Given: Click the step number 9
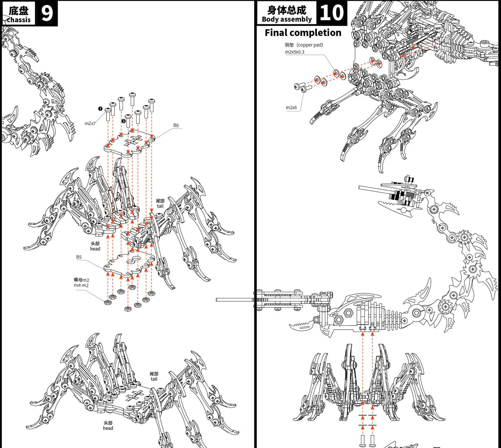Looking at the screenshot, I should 46,13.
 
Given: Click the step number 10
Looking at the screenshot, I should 331,13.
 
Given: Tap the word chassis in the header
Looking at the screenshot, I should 19,20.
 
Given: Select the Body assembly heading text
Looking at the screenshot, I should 287,19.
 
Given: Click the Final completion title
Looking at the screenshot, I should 303,33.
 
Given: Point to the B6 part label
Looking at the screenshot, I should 176,126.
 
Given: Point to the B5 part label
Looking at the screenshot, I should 79,257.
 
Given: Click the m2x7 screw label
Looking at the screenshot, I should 90,123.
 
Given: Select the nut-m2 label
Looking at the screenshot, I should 81,285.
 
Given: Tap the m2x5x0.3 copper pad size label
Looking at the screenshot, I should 295,52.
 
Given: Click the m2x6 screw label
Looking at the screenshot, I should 291,107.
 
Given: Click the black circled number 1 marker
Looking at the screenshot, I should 101,109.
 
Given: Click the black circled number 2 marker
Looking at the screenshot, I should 123,121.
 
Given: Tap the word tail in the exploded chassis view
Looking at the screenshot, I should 160,206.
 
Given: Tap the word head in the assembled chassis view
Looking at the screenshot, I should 108,428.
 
